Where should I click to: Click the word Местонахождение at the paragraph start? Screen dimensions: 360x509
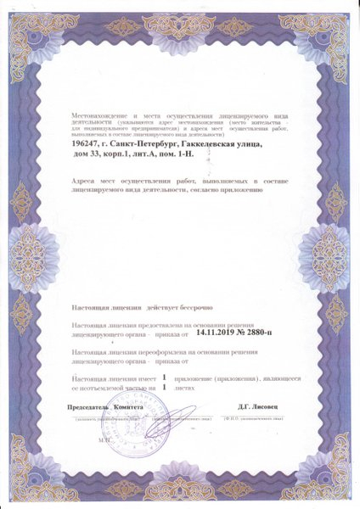98,113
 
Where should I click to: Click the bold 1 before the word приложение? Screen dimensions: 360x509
162,374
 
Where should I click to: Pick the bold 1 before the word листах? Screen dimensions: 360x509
162,386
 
